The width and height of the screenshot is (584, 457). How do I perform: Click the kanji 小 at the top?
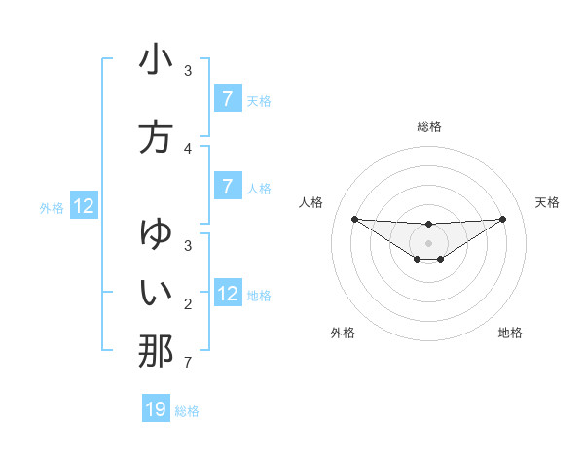[156, 60]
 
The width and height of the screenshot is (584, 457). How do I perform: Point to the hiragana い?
[156, 291]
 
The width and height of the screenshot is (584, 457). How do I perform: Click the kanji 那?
[156, 350]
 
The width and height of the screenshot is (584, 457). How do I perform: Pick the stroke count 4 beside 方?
[188, 149]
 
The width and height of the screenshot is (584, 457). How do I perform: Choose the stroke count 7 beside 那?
[188, 364]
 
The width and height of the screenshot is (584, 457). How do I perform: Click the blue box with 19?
[156, 409]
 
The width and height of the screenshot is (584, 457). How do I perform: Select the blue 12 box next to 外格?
[84, 206]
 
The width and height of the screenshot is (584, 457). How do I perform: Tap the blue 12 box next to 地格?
[228, 294]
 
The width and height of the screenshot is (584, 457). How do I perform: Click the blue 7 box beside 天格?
[228, 99]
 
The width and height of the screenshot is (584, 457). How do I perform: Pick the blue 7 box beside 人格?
[228, 187]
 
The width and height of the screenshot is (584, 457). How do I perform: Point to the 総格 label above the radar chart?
[428, 126]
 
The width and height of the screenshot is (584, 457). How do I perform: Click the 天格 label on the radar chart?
[547, 202]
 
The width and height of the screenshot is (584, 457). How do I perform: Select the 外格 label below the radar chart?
[343, 333]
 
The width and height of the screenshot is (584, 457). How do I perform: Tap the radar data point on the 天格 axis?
[502, 218]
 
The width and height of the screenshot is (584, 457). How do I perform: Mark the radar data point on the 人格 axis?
[354, 219]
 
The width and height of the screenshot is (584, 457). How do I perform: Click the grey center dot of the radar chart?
[428, 242]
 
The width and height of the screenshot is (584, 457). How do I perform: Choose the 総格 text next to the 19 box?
[187, 411]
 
